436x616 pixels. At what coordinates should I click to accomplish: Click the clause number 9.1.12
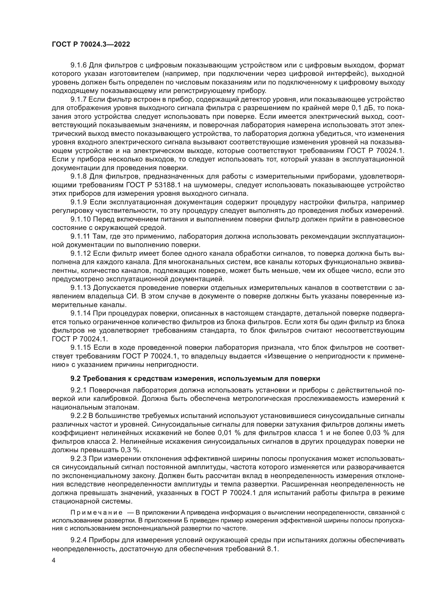pyautogui.click(x=80, y=254)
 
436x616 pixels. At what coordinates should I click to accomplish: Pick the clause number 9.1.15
pyautogui.click(x=80, y=348)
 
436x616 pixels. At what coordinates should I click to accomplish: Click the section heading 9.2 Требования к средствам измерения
pyautogui.click(x=195, y=378)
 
